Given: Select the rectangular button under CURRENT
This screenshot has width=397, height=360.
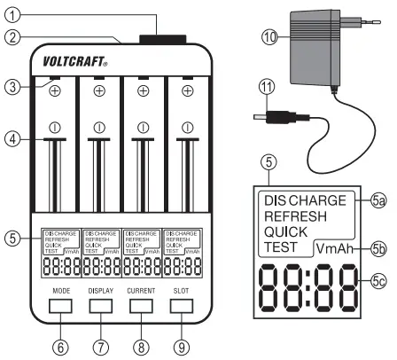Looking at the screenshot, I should pyautogui.click(x=142, y=305).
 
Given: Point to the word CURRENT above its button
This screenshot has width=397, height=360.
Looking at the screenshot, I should pyautogui.click(x=142, y=288).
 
